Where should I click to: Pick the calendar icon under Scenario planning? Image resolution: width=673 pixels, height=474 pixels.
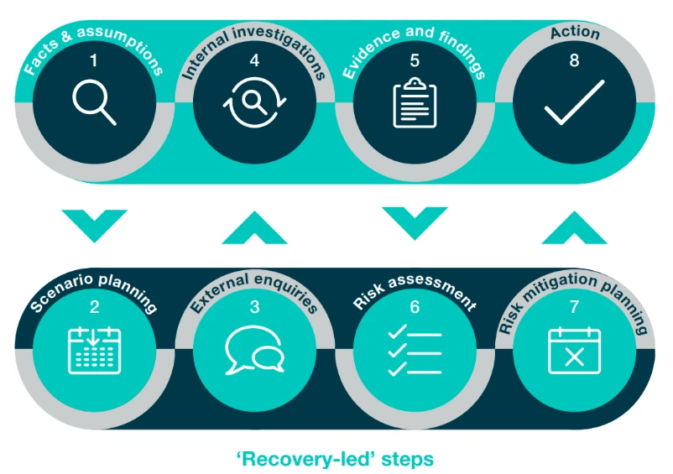click(x=94, y=351)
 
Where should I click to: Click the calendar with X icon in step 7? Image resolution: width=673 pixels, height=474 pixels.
click(x=574, y=351)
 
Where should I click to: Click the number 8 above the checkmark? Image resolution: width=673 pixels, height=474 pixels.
click(x=574, y=60)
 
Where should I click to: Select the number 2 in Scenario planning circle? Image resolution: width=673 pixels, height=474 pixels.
click(x=94, y=307)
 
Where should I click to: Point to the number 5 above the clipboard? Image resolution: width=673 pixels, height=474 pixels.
click(x=415, y=60)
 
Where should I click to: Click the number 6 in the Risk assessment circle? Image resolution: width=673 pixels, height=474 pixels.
click(x=415, y=307)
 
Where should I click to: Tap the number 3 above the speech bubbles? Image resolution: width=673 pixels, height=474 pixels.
click(x=254, y=307)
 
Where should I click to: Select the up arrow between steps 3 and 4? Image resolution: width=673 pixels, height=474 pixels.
click(x=254, y=227)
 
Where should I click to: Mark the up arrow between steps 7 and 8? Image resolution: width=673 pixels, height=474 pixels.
click(x=574, y=227)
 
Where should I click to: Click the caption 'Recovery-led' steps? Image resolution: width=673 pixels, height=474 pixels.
click(x=336, y=459)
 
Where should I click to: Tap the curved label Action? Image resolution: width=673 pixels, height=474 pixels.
click(x=575, y=33)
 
